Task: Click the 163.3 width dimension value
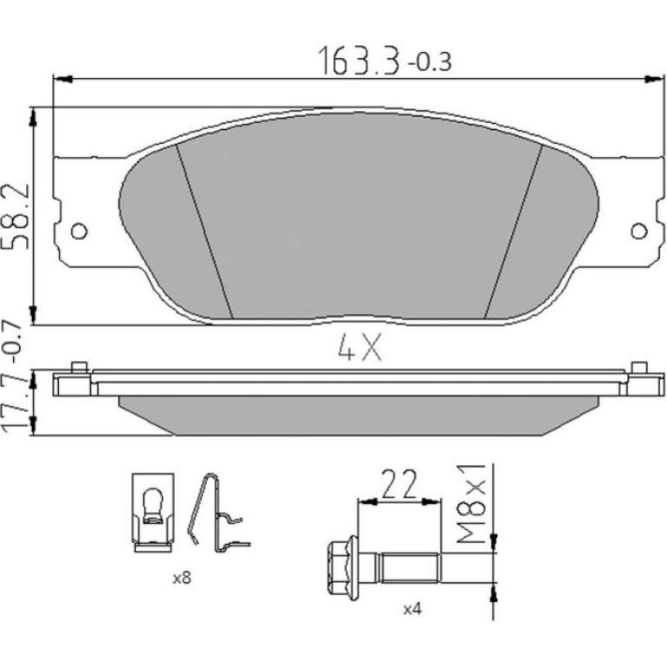[359, 61]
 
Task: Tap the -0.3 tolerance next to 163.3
[429, 62]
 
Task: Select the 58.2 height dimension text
[16, 216]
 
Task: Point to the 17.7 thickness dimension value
[16, 404]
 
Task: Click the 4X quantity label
[359, 346]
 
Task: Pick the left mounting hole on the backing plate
[79, 231]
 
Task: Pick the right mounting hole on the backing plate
[638, 231]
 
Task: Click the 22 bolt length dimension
[398, 484]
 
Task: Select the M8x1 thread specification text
[471, 503]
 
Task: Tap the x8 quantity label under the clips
[182, 578]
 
